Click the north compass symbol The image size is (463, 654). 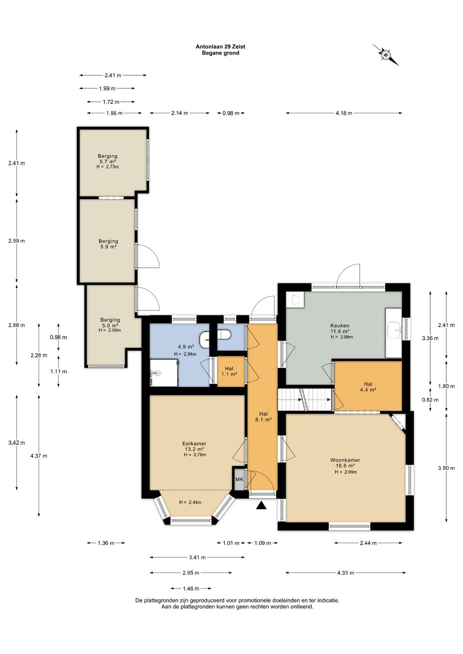[386, 55]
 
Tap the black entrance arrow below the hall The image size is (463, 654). [262, 505]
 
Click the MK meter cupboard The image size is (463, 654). [239, 479]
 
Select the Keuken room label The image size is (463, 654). [340, 326]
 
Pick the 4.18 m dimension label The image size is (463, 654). [344, 113]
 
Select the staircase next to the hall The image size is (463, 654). [304, 399]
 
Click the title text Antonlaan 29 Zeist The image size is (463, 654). [220, 46]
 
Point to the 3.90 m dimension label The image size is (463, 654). [446, 468]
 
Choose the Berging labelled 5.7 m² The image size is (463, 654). [108, 161]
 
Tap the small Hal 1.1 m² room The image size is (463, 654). [231, 372]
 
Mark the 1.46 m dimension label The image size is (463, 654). [191, 588]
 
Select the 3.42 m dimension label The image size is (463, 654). [17, 443]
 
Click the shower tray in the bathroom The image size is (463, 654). [164, 373]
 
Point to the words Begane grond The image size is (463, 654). [220, 53]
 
